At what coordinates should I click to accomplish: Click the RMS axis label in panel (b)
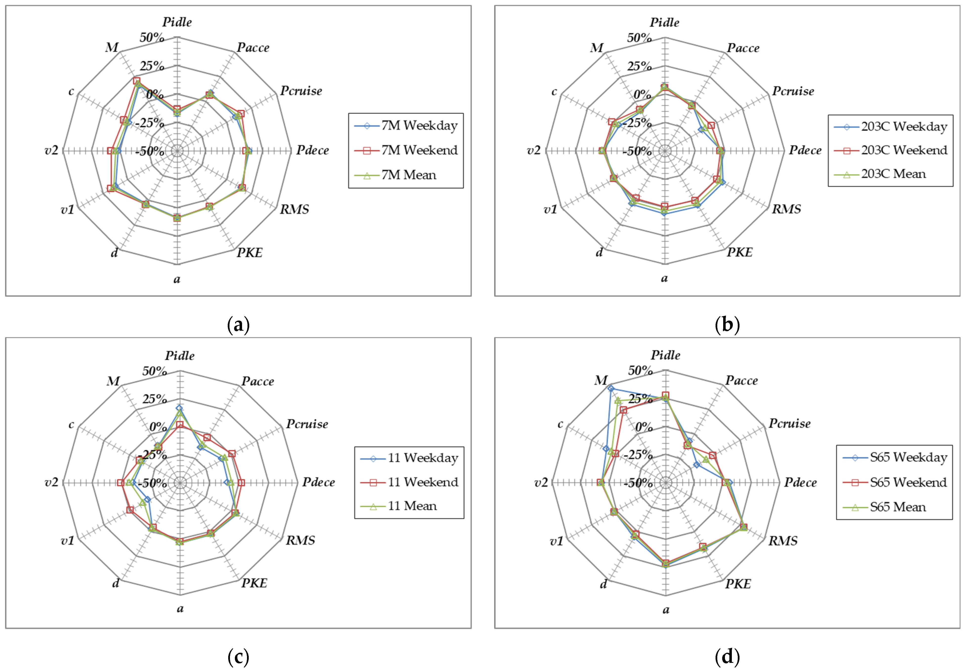tap(786, 209)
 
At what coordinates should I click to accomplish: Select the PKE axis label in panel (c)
tap(254, 583)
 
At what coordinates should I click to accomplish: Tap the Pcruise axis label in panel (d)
tap(789, 423)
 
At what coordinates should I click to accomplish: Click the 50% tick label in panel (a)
tap(152, 37)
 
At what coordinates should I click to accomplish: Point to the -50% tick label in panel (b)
tap(637, 151)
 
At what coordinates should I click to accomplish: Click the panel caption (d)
tap(727, 656)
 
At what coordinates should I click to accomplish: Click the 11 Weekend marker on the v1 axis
tap(130, 510)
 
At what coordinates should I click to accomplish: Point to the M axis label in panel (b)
tap(597, 47)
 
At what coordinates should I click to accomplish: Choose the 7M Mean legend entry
tap(409, 175)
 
